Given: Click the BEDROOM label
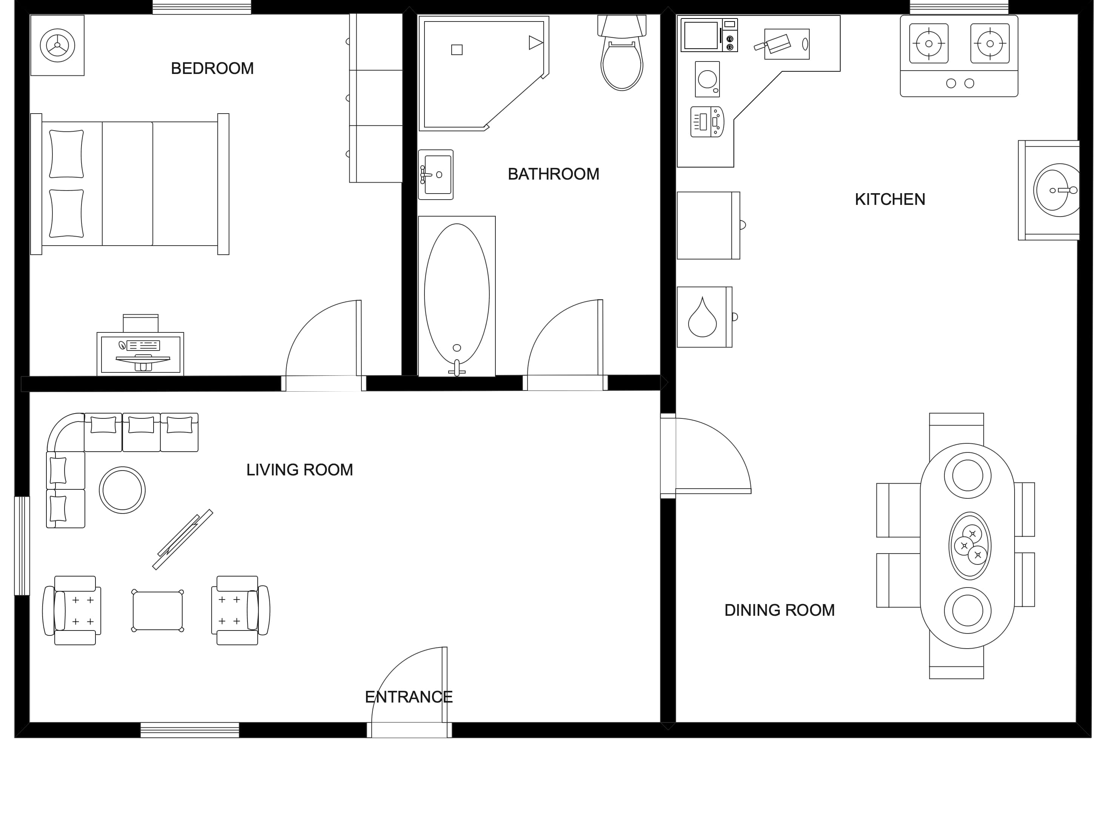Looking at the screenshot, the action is point(212,68).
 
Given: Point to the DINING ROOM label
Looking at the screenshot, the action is point(780,610).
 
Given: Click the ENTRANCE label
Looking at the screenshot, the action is point(409,697).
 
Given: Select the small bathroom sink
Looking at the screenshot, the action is point(436,175).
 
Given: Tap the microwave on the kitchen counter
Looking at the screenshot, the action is point(709,35).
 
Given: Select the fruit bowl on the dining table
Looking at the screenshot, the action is point(970,546).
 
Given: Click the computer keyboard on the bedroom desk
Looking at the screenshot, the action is point(143,345).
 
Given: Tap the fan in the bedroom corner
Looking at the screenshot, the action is point(57,45).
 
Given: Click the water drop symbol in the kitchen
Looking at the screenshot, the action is point(702,317).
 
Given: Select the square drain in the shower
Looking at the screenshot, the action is point(457,49).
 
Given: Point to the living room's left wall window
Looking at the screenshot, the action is point(22,546).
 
